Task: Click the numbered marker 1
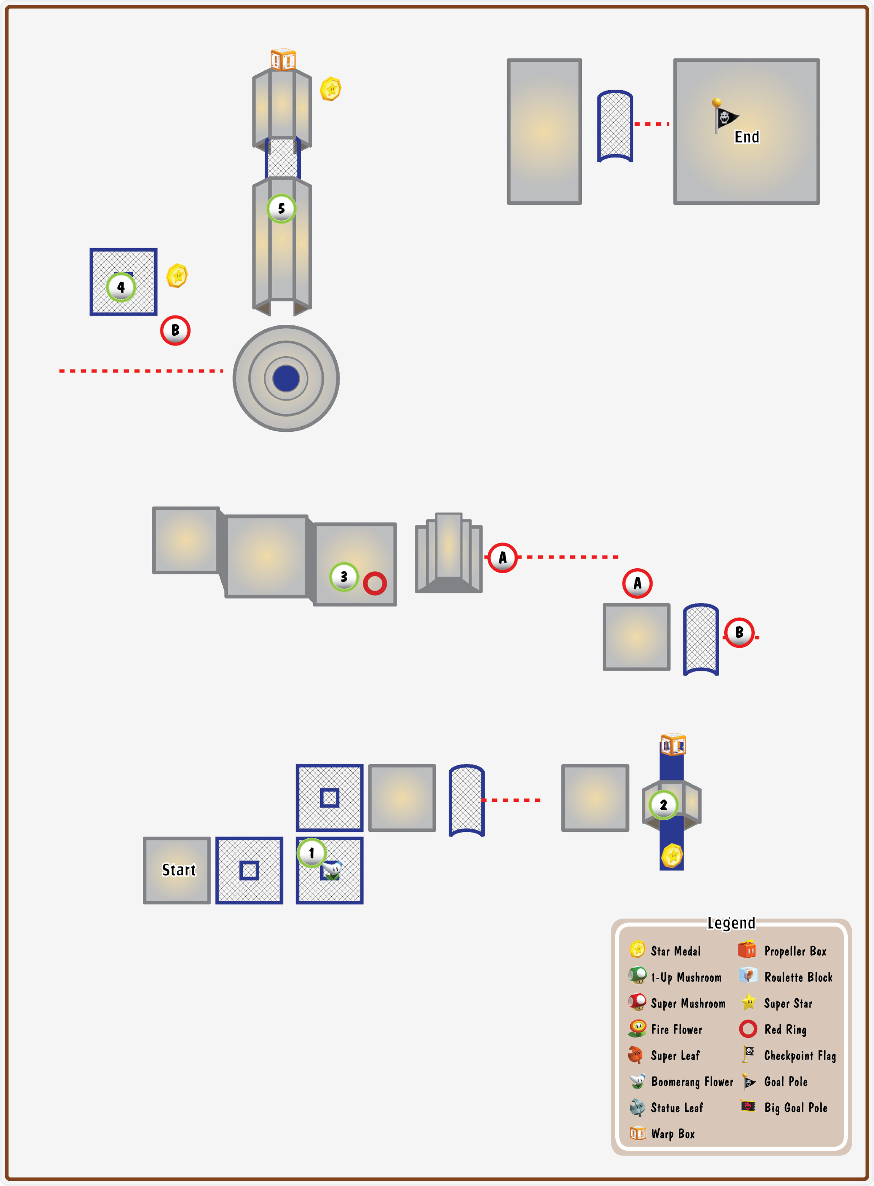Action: click(311, 852)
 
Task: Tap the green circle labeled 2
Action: click(663, 805)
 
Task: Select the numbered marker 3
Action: click(344, 576)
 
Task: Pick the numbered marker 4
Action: click(121, 287)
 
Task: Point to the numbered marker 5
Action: click(281, 209)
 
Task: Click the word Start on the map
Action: click(179, 870)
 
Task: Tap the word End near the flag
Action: click(747, 137)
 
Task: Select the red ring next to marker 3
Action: click(375, 583)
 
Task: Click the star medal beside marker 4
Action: click(177, 276)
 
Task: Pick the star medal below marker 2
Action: click(672, 855)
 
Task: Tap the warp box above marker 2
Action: click(674, 744)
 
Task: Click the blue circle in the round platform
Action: click(286, 379)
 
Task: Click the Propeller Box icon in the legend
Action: click(747, 949)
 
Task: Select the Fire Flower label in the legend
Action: click(677, 1029)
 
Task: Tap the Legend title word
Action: click(731, 923)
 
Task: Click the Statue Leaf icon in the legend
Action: click(638, 1107)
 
